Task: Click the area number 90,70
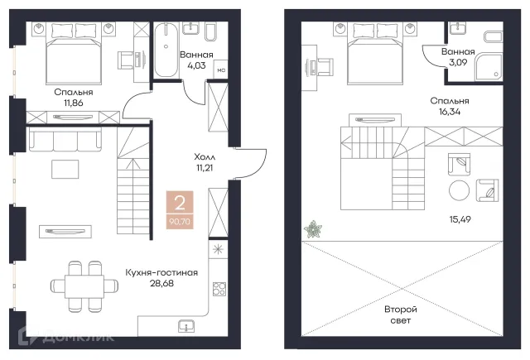180,222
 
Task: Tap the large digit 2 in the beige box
180,204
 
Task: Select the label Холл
205,157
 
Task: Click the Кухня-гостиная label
161,272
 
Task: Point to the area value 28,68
161,283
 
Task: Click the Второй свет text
401,314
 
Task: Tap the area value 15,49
460,219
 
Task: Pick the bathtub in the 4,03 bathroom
166,50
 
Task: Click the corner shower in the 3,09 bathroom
489,66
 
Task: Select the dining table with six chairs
84,286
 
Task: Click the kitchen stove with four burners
219,289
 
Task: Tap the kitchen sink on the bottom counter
186,325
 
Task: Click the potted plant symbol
313,229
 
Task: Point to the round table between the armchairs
459,190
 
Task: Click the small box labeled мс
221,70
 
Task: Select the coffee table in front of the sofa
65,169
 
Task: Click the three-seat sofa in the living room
65,139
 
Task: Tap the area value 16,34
450,112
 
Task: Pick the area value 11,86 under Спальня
74,103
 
